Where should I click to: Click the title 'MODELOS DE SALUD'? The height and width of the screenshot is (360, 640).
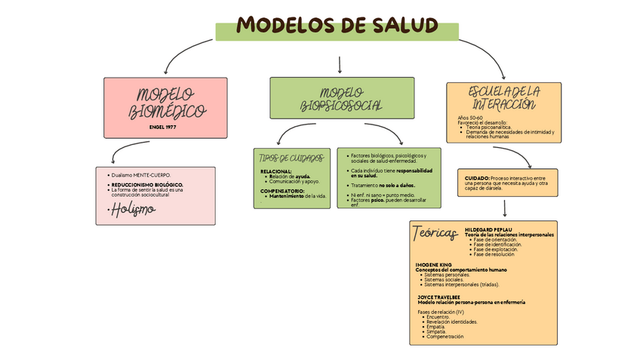point(337,26)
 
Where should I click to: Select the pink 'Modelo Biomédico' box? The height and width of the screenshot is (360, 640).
point(165,107)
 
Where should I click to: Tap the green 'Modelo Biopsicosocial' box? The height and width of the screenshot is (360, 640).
point(341,98)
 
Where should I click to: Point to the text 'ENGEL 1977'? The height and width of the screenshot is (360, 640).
point(164,127)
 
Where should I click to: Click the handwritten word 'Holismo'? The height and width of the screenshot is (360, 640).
point(132,209)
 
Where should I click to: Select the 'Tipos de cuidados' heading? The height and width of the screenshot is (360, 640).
point(291,158)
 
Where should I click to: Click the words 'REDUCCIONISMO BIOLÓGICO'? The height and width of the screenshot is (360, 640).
point(146,184)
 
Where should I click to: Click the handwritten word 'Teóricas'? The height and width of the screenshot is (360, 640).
point(435,234)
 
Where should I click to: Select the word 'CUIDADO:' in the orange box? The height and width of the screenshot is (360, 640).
point(477,177)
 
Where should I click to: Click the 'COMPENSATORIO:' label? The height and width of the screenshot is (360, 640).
point(283,190)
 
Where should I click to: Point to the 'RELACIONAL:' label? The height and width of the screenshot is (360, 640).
point(277,171)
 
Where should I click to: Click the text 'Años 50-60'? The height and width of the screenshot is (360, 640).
point(471,118)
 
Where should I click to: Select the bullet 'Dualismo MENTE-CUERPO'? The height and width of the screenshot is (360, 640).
point(141,175)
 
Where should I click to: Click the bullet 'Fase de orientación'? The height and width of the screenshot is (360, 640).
point(494,240)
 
